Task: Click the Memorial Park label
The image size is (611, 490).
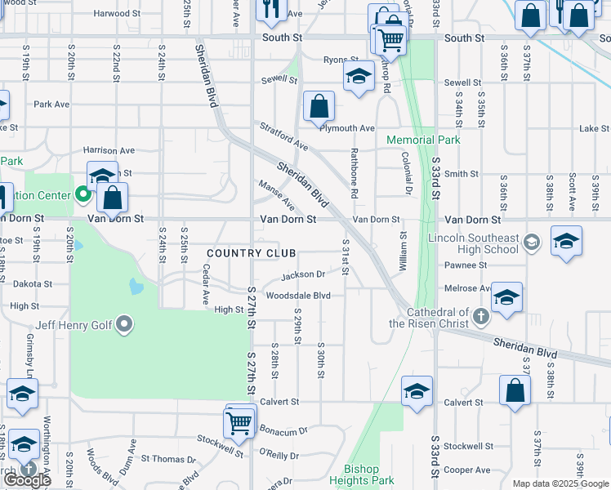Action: tap(423, 140)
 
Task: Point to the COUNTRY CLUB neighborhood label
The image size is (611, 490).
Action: tap(251, 253)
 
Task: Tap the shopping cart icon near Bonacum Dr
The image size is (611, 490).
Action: tap(239, 423)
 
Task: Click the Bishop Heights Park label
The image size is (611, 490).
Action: tap(372, 475)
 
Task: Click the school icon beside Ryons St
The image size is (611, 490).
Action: tap(357, 78)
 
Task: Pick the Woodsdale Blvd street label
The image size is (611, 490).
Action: tap(302, 295)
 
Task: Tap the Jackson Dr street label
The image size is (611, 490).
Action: tap(304, 275)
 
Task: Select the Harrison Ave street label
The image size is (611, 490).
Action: tap(109, 150)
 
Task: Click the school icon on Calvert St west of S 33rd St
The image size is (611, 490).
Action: tap(417, 392)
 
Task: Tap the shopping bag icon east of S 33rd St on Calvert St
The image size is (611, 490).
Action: tap(515, 393)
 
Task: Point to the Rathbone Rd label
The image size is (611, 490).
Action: tap(355, 173)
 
